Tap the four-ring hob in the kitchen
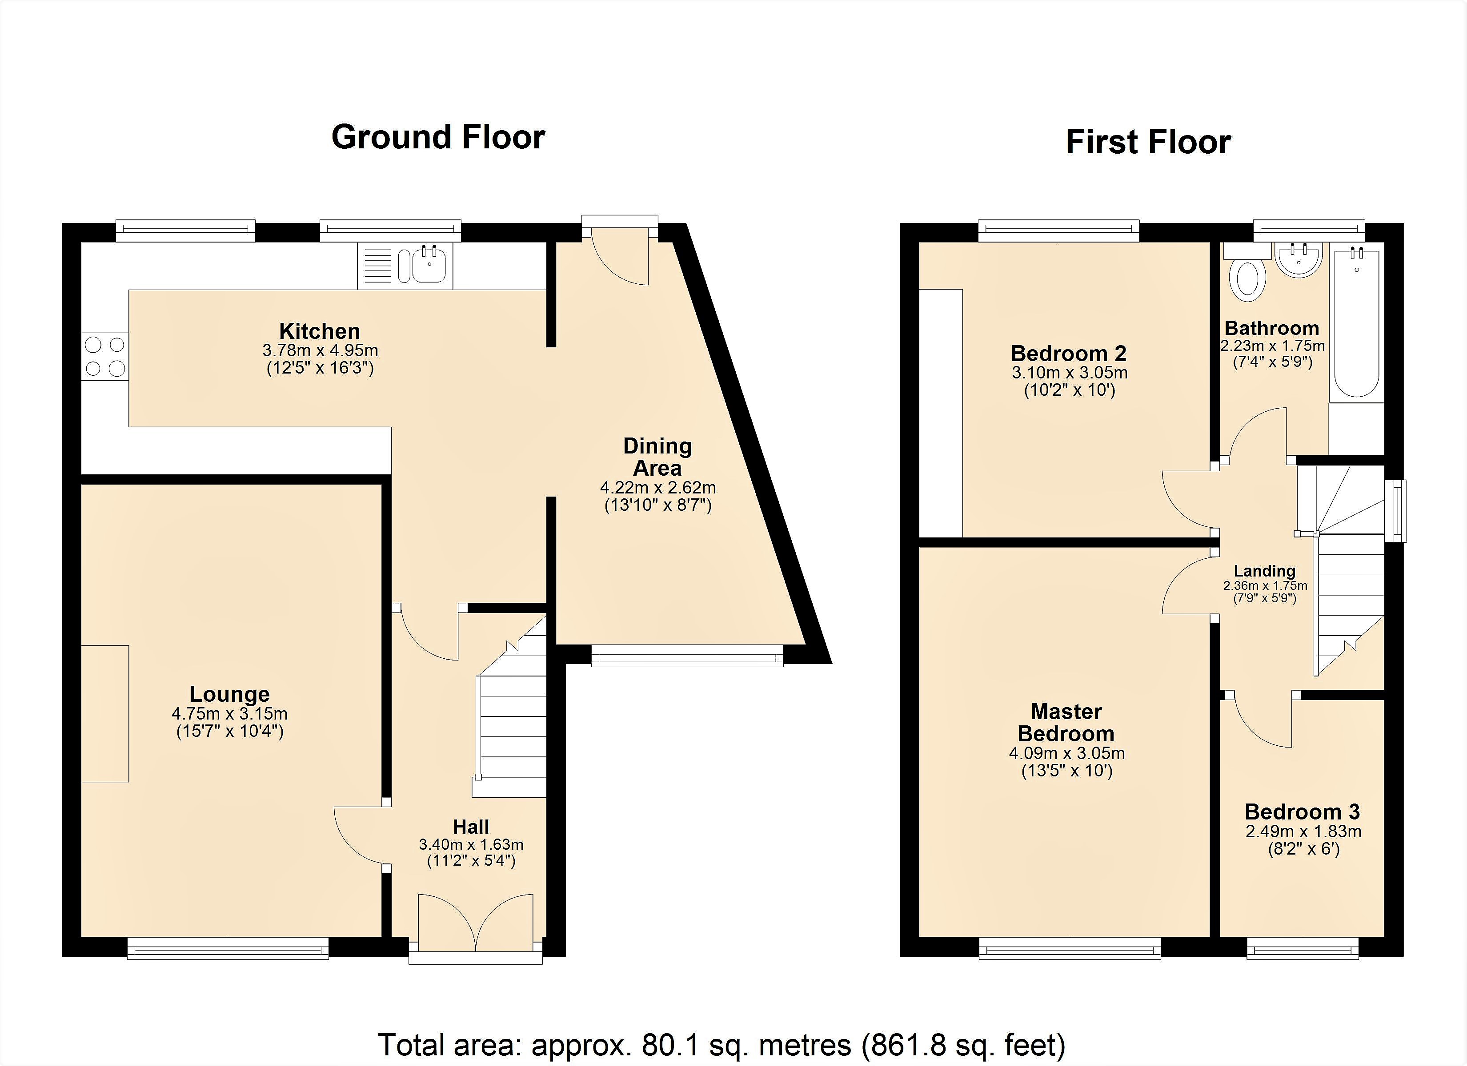tap(105, 356)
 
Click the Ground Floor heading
tap(438, 138)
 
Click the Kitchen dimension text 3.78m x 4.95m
tap(320, 351)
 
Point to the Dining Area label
tap(657, 457)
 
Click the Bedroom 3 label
tap(1303, 812)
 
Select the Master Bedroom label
tap(1066, 723)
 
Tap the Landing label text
tap(1265, 571)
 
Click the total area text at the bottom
tap(721, 1045)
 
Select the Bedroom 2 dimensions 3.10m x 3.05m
tap(1069, 373)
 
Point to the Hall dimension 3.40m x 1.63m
tap(471, 845)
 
